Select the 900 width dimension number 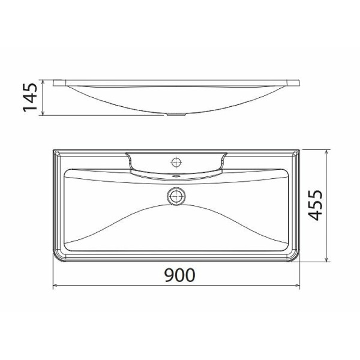(x=179, y=275)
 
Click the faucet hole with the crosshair (x=176, y=161)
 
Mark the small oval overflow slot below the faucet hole (x=176, y=176)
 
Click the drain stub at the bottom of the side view (x=176, y=114)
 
